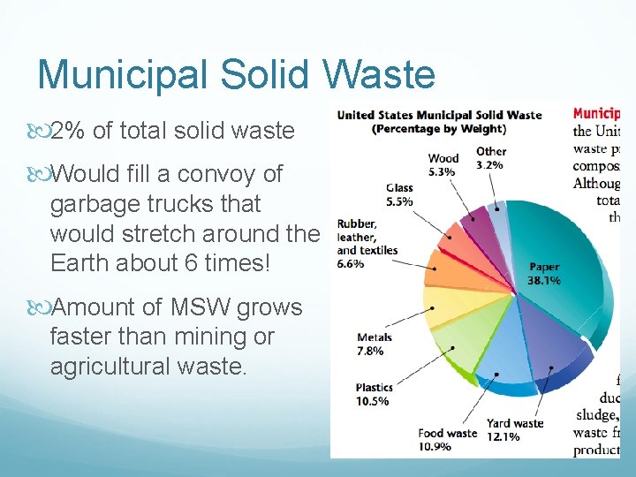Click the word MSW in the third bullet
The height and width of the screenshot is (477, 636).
(x=208, y=307)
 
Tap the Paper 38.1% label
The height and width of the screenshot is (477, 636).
(x=544, y=274)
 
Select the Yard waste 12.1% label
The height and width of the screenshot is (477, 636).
(x=515, y=430)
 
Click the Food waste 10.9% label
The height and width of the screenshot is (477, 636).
(x=448, y=439)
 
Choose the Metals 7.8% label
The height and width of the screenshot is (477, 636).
(x=374, y=344)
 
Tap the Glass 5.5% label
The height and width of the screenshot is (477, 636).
(x=399, y=194)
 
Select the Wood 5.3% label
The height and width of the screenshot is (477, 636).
(x=443, y=165)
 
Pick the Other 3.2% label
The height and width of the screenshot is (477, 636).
(x=491, y=158)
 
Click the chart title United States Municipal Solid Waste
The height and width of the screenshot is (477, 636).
(x=439, y=115)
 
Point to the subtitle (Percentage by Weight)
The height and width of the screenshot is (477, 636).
(x=439, y=129)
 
